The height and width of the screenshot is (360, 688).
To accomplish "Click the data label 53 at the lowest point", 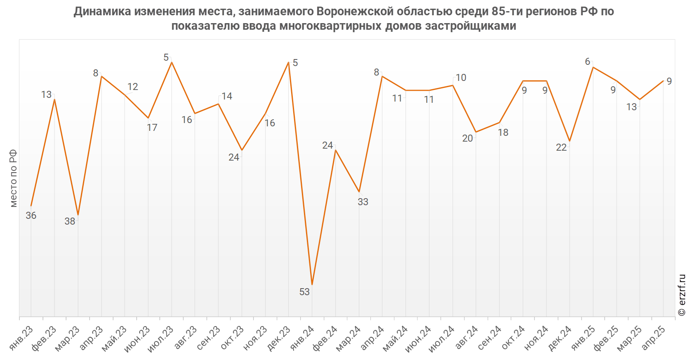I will pos(304,292).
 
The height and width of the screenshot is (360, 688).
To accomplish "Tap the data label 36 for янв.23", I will pos(31,216).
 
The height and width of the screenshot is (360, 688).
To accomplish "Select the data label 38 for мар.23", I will pos(70,221).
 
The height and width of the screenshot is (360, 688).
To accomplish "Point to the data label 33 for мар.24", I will pos(363,202).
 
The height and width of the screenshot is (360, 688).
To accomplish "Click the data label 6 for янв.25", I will pos(588,62).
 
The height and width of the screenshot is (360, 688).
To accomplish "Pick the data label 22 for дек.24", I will pos(561,147).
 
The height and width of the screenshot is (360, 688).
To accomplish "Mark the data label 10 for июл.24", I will pos(461,78).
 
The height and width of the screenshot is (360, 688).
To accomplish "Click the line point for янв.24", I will pos(312,284).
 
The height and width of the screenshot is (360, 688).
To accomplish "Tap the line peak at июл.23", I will pos(171,62).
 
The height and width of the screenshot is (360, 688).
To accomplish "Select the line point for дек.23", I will pos(288,62).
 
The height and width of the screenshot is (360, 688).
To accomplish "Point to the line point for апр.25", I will pos(663,81).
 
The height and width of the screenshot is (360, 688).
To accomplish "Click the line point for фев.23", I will pos(55,99).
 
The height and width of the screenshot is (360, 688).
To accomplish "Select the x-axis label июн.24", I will pos(419,338).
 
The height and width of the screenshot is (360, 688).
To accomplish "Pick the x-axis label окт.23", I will pos(232,338).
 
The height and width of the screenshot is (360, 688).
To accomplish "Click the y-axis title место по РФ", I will pos(13,178).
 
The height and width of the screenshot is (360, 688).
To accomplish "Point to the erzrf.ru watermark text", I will pos(682,295).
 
